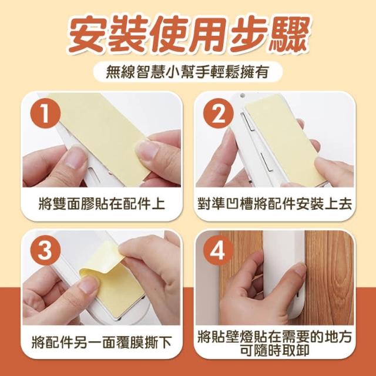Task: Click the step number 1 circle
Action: point(45,113)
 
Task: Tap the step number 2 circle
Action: point(218,113)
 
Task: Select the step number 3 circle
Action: point(45,250)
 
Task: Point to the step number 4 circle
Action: point(218,250)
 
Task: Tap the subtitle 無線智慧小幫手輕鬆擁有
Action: point(187,72)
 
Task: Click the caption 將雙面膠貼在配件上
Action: point(102,204)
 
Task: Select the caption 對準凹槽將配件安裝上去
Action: point(275,204)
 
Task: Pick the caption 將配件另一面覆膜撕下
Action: point(102,342)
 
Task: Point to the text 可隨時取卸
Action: point(275,351)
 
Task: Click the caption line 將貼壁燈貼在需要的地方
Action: point(275,337)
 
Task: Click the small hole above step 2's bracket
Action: point(243,95)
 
